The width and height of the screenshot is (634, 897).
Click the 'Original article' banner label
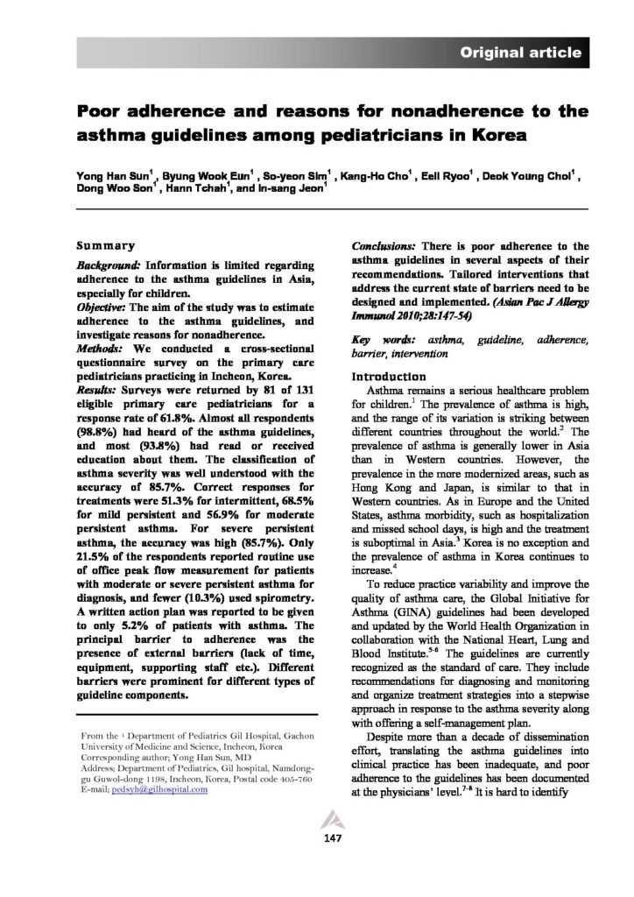click(521, 53)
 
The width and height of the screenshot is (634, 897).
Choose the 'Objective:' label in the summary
click(103, 307)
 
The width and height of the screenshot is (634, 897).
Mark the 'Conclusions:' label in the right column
click(383, 247)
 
